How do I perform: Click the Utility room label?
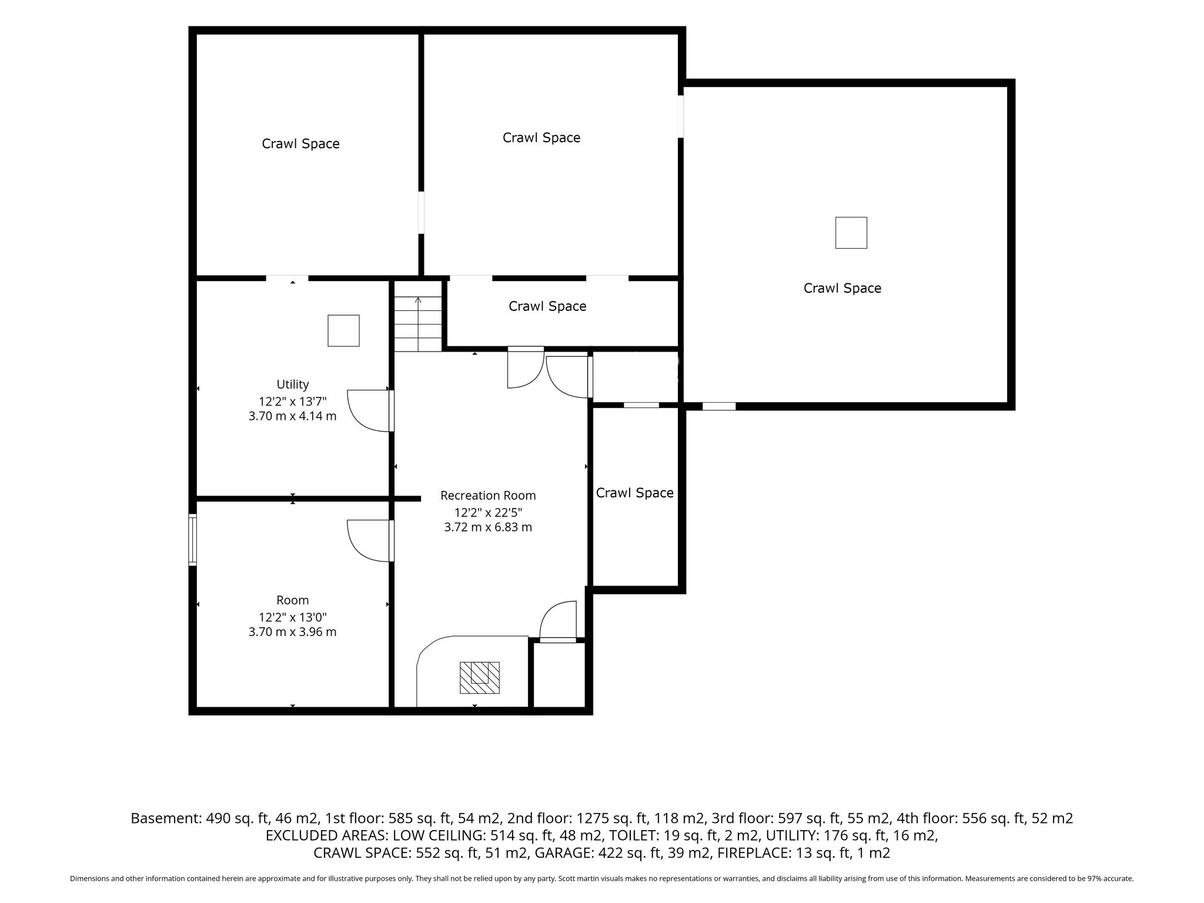[x=293, y=384]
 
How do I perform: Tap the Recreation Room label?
[x=488, y=496]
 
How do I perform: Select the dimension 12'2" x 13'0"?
[x=293, y=617]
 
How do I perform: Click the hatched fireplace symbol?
[x=479, y=677]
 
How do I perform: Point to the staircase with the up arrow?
[x=417, y=316]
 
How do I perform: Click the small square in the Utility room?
[x=343, y=330]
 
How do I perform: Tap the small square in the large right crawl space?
[x=851, y=233]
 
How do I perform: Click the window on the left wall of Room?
[x=192, y=540]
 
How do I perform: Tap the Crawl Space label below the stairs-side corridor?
[x=547, y=306]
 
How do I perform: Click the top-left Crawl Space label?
[x=300, y=144]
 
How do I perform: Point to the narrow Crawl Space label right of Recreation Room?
[x=635, y=493]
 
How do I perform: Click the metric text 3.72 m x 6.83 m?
[x=488, y=527]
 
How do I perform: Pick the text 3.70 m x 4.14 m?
[x=293, y=416]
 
